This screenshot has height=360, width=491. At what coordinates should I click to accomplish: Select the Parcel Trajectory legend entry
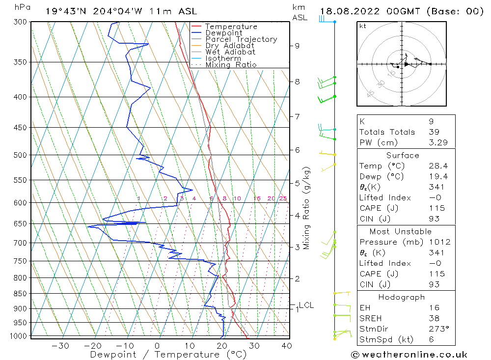click(241, 39)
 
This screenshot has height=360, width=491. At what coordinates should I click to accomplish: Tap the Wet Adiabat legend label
click(230, 52)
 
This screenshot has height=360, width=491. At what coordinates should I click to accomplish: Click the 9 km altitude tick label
click(297, 46)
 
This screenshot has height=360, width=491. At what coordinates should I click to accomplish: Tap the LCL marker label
click(306, 305)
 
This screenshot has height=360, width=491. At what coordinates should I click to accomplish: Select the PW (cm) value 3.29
click(436, 142)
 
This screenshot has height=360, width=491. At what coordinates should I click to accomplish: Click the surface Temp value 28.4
click(436, 166)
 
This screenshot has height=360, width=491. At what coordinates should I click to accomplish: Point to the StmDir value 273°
click(436, 329)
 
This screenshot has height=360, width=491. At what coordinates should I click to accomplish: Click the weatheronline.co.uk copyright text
click(409, 355)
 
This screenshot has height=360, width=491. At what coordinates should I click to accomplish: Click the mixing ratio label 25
click(283, 198)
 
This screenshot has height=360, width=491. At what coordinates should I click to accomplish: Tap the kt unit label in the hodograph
click(362, 26)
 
